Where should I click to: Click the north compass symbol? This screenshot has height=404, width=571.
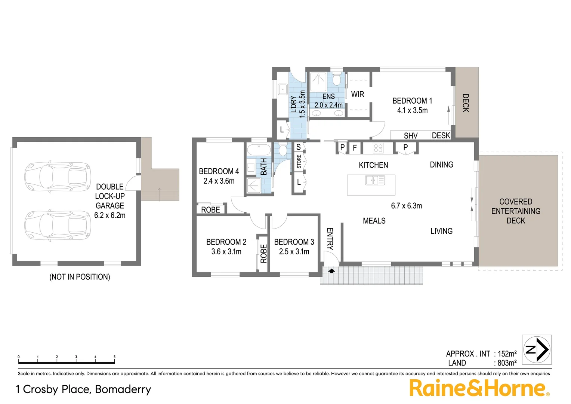[537, 349]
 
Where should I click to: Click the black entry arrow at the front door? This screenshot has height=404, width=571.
[331, 271]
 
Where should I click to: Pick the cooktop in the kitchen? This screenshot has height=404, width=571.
[378, 148]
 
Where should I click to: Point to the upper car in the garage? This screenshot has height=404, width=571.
[58, 177]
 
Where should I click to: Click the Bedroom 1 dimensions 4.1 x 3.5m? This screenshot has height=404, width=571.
[412, 110]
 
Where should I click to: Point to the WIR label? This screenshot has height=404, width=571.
[358, 94]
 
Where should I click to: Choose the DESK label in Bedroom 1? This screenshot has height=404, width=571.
[441, 135]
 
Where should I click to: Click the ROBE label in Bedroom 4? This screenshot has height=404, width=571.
[211, 210]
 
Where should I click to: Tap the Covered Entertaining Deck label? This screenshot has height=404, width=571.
[516, 211]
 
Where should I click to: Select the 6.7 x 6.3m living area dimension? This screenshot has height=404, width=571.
[407, 206]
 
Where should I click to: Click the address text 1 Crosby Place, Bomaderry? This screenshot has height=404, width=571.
[83, 389]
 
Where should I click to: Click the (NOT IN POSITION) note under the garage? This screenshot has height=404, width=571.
[80, 277]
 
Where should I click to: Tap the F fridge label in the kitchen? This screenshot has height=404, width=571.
[355, 148]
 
